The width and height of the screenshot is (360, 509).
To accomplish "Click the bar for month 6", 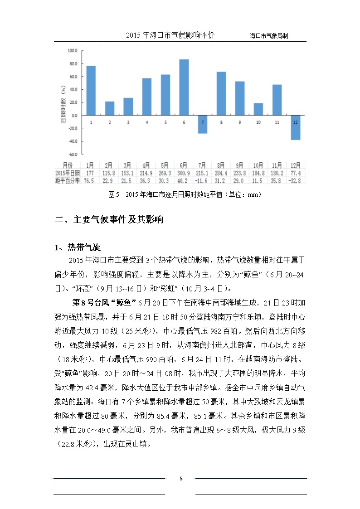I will pyautogui.click(x=184, y=87).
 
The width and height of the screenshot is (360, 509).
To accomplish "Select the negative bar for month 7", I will pyautogui.click(x=202, y=124).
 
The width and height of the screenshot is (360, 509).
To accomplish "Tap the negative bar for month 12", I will pyautogui.click(x=296, y=127).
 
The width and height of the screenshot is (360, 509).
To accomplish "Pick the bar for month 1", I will pyautogui.click(x=91, y=90).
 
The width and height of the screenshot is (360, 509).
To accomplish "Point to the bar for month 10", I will pyautogui.click(x=258, y=109).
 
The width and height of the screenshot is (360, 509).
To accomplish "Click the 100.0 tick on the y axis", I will pyautogui.click(x=73, y=51).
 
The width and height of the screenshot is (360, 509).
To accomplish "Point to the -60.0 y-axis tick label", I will pyautogui.click(x=73, y=154).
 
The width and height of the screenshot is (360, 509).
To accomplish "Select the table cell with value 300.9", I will pyautogui.click(x=184, y=173).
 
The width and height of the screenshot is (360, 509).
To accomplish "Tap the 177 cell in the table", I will pyautogui.click(x=90, y=173).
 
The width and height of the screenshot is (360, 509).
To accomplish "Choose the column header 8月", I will pyautogui.click(x=221, y=165).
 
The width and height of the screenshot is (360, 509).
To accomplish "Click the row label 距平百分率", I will pyautogui.click(x=67, y=180).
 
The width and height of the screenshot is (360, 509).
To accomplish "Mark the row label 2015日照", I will pyautogui.click(x=67, y=173).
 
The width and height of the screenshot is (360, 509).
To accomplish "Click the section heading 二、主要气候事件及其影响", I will pyautogui.click(x=109, y=220).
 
